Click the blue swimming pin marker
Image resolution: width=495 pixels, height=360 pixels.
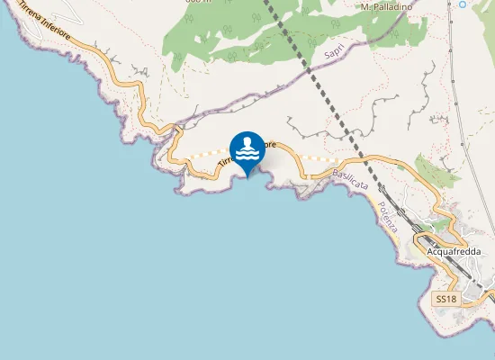click(247, 151)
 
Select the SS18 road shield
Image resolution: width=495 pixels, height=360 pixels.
click(445, 298)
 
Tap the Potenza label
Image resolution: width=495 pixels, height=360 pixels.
click(388, 218)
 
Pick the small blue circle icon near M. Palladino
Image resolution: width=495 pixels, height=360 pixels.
click(463, 4)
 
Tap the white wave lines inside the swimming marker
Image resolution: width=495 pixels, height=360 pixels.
click(247, 157)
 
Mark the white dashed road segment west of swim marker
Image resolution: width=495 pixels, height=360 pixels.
click(202, 155)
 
